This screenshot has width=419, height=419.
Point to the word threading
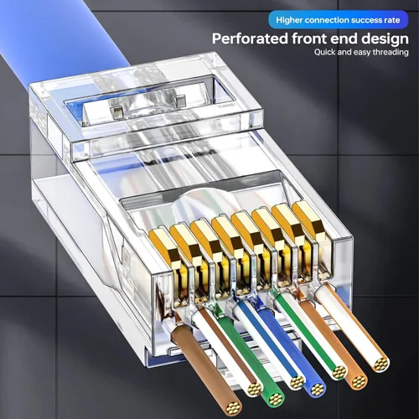click(x=387, y=53)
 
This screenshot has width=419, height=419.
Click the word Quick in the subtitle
click(x=326, y=53)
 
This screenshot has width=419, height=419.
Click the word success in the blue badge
click(x=362, y=15)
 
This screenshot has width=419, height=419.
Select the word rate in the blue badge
click(x=392, y=15)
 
